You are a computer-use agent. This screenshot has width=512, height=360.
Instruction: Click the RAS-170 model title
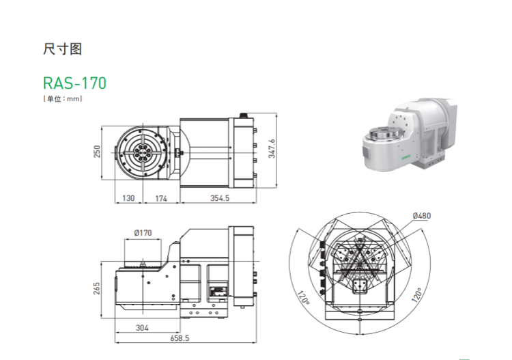click(x=74, y=83)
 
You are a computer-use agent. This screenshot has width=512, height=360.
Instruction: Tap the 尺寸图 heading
click(x=62, y=49)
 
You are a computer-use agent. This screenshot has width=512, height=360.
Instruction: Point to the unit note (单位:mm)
click(x=62, y=98)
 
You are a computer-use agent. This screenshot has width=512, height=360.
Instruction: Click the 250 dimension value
click(x=97, y=152)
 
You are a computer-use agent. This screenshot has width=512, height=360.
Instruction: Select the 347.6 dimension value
click(x=272, y=149)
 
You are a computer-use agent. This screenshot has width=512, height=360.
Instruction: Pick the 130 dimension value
click(x=128, y=198)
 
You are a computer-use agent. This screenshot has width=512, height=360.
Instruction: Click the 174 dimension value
click(x=161, y=198)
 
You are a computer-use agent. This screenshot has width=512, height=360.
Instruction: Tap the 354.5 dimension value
click(x=220, y=198)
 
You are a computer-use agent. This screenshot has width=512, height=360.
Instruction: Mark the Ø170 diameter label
click(x=143, y=233)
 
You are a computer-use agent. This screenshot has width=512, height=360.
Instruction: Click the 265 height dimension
click(x=97, y=289)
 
